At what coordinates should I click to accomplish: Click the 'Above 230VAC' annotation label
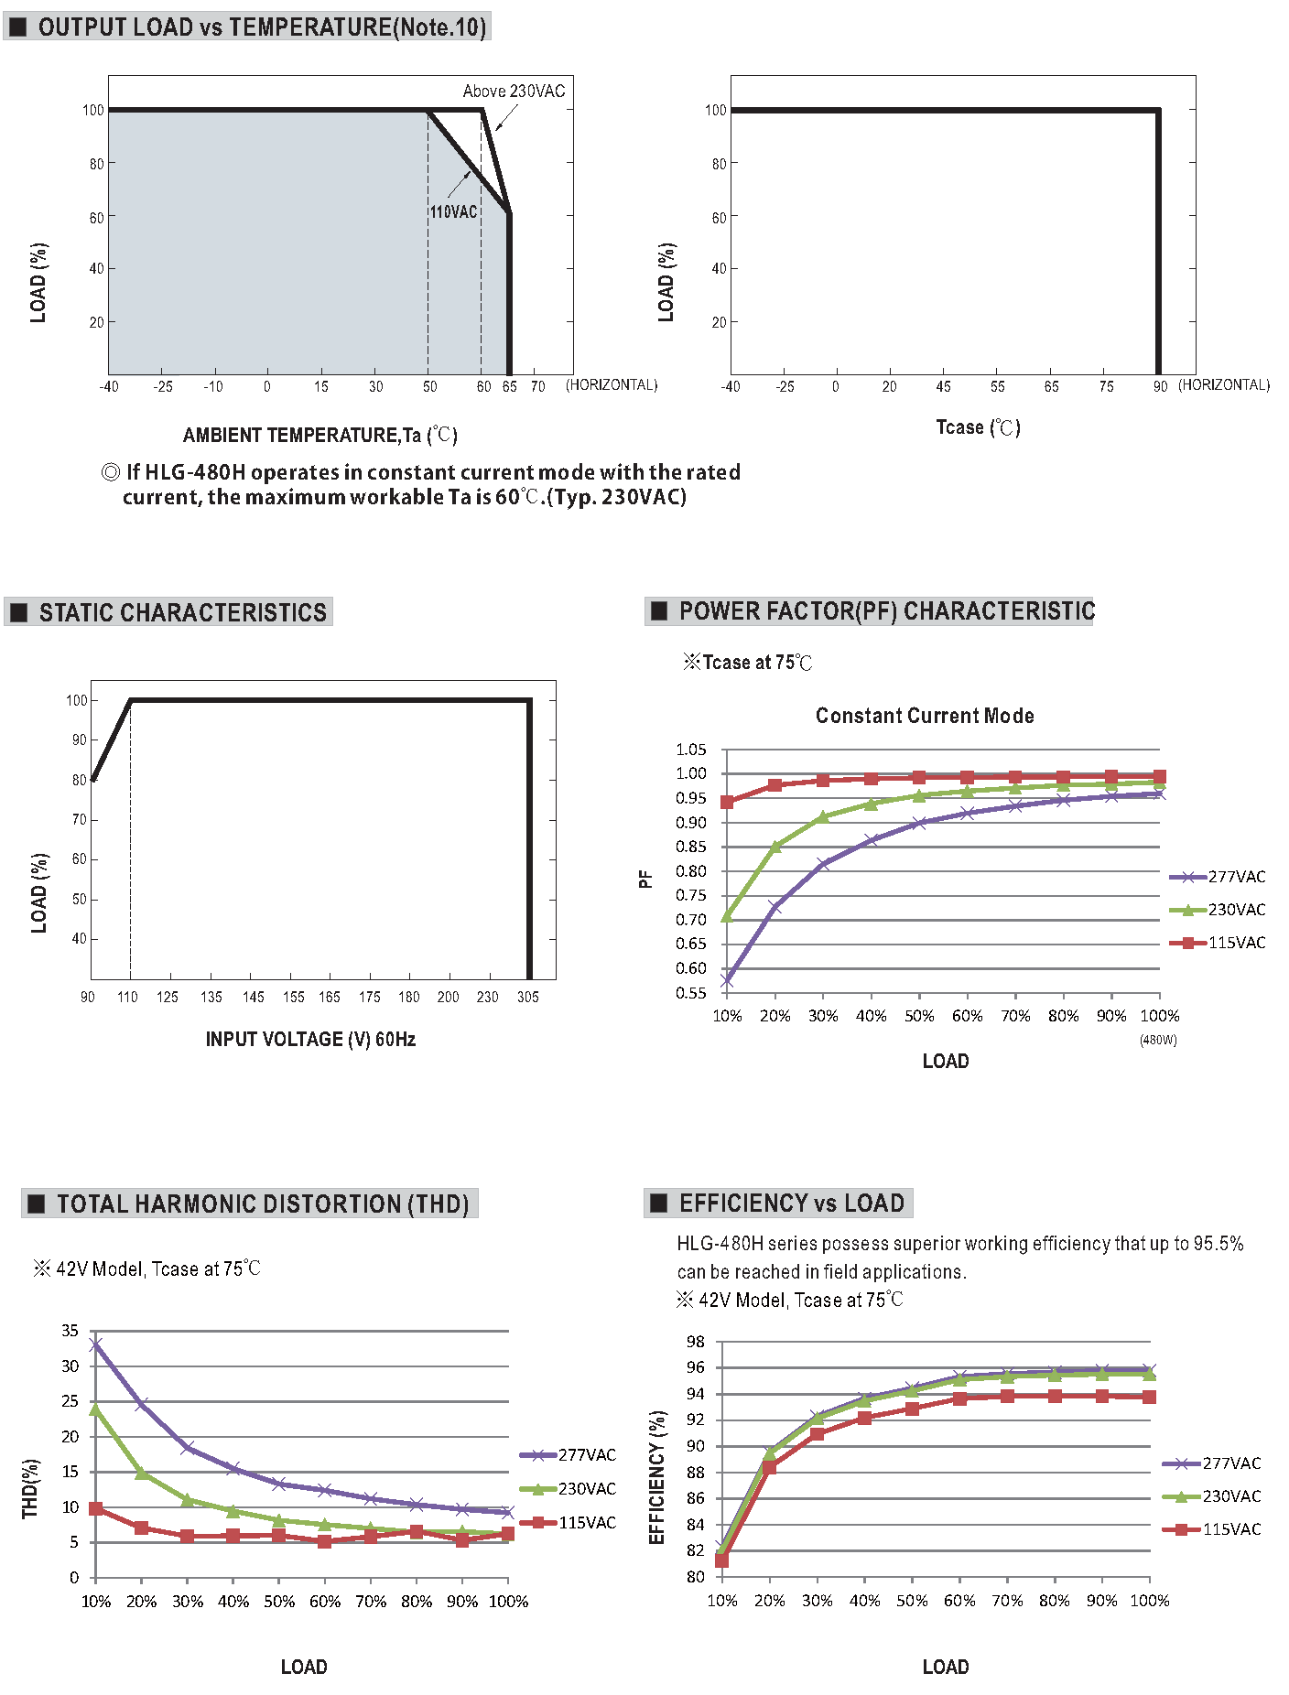pos(514,91)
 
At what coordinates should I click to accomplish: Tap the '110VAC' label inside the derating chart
pos(454,211)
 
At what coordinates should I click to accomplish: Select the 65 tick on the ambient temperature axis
pos(510,386)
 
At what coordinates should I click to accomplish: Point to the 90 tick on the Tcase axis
pos(1160,386)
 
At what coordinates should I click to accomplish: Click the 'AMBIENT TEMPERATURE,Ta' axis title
pos(302,435)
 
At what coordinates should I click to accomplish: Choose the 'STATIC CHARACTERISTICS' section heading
pos(182,612)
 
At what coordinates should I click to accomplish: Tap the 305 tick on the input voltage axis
pos(528,997)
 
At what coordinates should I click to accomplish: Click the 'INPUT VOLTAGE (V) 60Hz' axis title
pos(310,1039)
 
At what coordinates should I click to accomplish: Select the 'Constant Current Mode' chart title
pos(925,716)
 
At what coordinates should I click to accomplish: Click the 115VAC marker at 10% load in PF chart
pos(727,802)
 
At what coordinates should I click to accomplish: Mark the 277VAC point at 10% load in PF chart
pos(727,980)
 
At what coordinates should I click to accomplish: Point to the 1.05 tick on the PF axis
pos(691,750)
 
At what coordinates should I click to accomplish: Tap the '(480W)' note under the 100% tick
pos(1158,1040)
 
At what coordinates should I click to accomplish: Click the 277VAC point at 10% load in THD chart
pos(96,1344)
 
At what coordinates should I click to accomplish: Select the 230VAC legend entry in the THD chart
pos(569,1489)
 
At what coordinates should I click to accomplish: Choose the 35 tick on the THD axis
pos(70,1331)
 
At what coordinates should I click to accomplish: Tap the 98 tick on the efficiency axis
pos(696,1342)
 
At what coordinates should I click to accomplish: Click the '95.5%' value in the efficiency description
pos(1219,1244)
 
